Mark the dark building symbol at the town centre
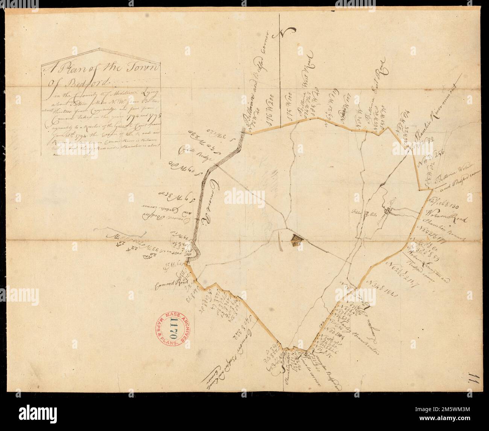[297, 238]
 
